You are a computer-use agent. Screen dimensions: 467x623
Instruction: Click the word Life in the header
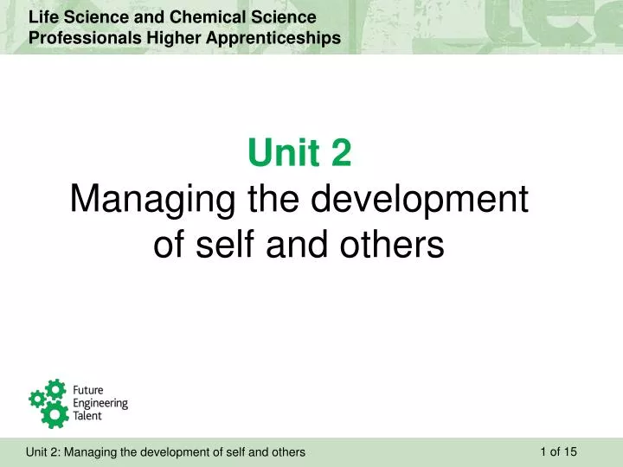[x=42, y=17]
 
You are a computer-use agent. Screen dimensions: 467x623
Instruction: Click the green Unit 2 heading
[x=299, y=154]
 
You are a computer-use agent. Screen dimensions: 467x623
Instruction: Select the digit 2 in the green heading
[x=341, y=154]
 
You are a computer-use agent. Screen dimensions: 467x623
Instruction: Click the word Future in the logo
[x=87, y=391]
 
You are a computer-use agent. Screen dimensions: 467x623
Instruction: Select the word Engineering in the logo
[x=100, y=403]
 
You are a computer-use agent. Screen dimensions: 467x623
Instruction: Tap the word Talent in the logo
[x=87, y=415]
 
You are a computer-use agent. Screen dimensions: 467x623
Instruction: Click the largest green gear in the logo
[x=55, y=413]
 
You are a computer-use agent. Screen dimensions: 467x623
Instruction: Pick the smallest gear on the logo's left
[x=36, y=399]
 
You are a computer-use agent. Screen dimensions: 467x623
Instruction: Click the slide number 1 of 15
[x=558, y=451]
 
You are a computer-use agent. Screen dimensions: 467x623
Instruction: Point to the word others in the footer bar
[x=288, y=452]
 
